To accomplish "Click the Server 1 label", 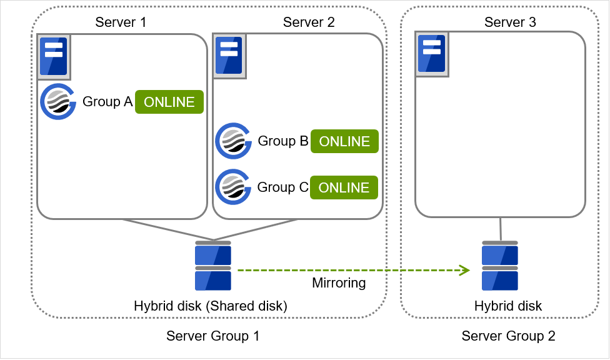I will pos(121,22).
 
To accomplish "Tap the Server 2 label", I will pos(309,22).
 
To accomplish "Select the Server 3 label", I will pos(510,22).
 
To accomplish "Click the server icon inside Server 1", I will pos(54,57).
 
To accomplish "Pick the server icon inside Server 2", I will pos(229,56).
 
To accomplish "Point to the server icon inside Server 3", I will pos(432,56).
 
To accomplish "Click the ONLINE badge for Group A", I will pos(169,102).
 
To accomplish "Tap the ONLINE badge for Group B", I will pos(344,142).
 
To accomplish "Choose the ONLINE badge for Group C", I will pos(344,187).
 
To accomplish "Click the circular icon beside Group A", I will pos(57,102).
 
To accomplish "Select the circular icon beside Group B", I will pos(233,141).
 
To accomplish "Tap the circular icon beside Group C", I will pos(233,187).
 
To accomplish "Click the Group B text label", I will pos(283,141).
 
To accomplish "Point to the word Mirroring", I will pos(338,283).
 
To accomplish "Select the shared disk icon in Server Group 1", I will pos(213,267).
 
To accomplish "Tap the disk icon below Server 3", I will pos(499,267).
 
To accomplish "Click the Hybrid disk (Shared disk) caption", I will pos(210,306).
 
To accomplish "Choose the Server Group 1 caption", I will pos(212,336).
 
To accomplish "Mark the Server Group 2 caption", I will pos(508,336).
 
